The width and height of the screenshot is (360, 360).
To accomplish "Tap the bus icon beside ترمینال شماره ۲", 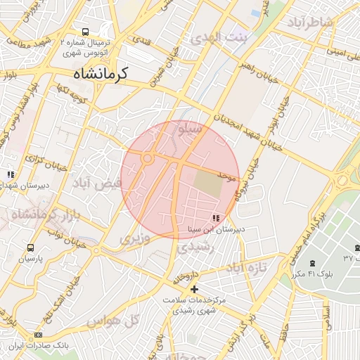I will [85, 32].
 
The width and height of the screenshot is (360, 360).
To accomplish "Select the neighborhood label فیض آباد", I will [98, 183].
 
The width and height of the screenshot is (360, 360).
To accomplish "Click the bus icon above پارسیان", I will [30, 247].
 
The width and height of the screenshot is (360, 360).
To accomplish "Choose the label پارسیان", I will [30, 259].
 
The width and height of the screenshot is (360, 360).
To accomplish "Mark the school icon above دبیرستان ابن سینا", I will [214, 219].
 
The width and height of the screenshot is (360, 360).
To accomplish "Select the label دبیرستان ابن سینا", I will [215, 230].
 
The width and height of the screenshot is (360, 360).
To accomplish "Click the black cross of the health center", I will [194, 289].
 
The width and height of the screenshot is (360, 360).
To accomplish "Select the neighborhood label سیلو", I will [191, 129].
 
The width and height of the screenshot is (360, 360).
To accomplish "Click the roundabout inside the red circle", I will [148, 159].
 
